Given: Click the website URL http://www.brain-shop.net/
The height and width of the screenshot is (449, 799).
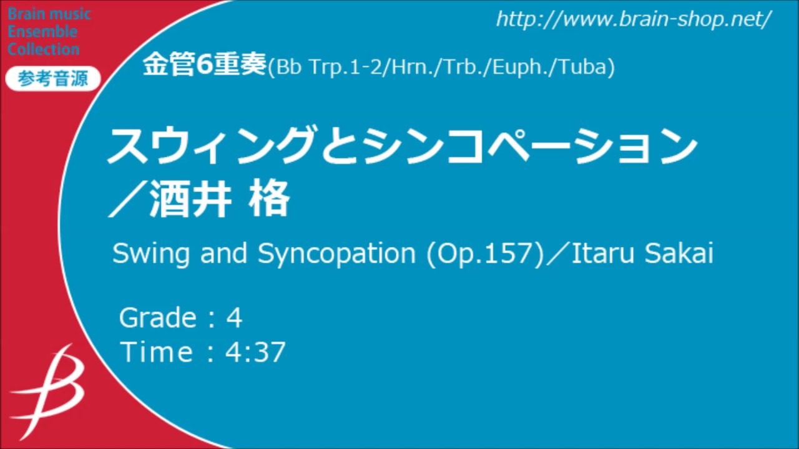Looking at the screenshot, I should tap(634, 19).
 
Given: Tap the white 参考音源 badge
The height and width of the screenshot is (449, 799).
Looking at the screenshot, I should tap(52, 79).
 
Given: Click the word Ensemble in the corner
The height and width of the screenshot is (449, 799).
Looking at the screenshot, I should tap(42, 32).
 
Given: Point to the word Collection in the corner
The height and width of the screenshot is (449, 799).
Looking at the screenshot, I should tap(44, 49).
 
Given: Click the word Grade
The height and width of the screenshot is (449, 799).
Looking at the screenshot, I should tap(158, 318).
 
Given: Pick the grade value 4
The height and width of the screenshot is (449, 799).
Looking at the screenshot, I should tap(234, 318).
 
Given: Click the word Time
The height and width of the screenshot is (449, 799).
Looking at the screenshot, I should tap(157, 352).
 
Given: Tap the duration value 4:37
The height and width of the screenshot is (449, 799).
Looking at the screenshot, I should tap(255, 352).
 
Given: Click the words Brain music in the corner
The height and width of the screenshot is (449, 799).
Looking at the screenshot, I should tap(49, 14).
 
